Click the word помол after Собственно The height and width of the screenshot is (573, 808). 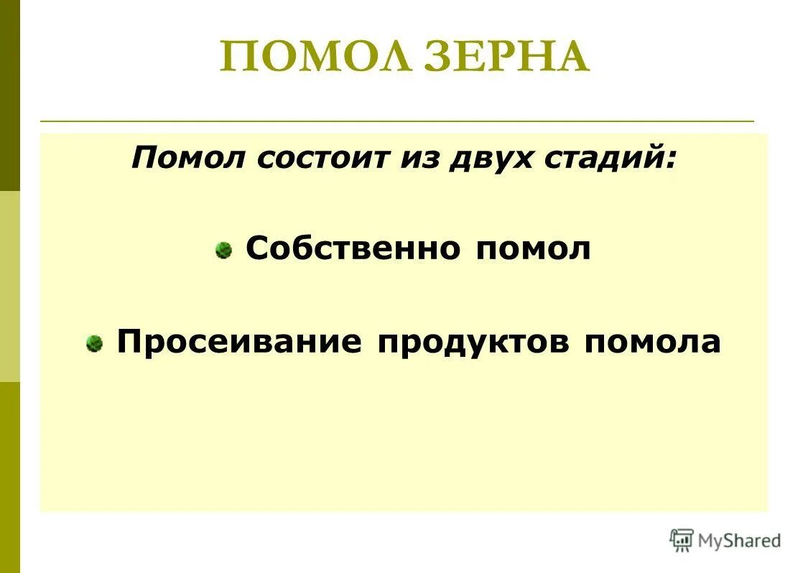(532, 249)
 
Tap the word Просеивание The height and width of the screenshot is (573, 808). (239, 342)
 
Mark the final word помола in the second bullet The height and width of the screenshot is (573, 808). (651, 342)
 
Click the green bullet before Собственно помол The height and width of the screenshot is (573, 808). (224, 251)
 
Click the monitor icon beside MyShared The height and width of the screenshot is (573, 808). (682, 540)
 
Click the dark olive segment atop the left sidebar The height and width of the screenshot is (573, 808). (10, 93)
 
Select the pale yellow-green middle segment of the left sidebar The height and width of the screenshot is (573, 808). (10, 286)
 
